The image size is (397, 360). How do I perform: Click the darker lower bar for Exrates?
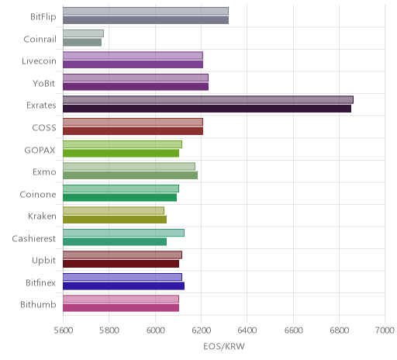207,109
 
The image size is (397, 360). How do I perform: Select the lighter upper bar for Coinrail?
83,33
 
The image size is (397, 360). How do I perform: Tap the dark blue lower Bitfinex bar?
123,286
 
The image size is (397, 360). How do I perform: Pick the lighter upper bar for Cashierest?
123,233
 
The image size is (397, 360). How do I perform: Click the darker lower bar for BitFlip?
146,20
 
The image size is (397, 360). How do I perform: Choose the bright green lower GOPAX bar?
121,153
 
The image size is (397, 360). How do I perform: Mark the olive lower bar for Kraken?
115,220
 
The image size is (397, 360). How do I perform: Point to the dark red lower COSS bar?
133,131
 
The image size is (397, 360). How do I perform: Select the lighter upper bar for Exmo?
129,166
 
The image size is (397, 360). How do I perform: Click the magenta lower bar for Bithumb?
121,308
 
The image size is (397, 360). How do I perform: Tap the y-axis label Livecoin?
39,61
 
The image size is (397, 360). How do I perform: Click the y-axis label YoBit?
44,83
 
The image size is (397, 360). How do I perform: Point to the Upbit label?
44,261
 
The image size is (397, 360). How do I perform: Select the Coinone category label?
38,194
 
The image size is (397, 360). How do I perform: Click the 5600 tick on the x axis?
64,331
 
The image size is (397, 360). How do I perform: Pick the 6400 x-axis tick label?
247,331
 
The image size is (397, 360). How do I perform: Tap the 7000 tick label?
385,331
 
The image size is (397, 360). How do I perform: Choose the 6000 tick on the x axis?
155,331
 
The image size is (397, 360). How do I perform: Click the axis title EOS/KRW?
224,346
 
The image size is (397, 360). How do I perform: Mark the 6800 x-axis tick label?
340,331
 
